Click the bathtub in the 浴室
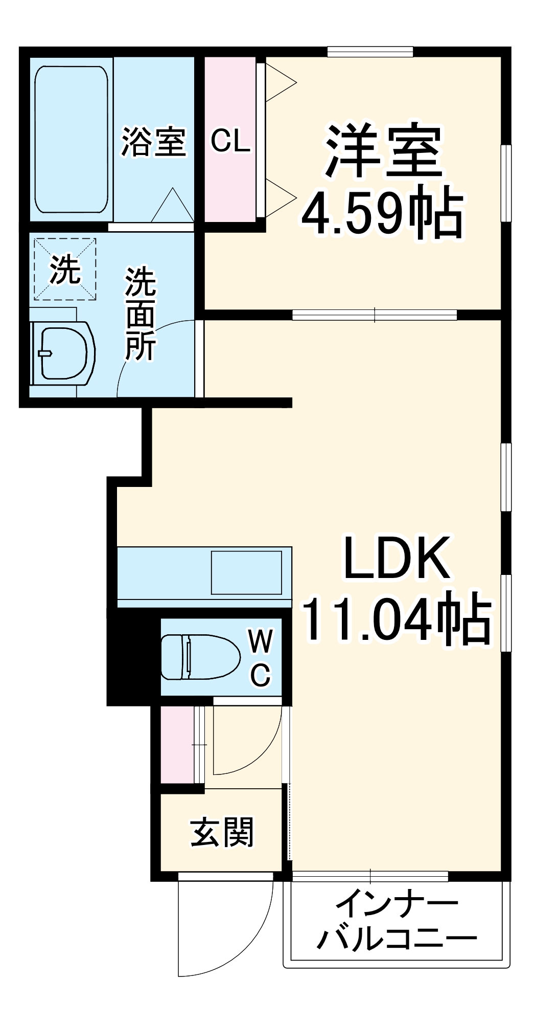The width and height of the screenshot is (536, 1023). pos(72,139)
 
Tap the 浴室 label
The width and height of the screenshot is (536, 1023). pos(153,141)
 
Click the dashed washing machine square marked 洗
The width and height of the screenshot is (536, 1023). pos(65,269)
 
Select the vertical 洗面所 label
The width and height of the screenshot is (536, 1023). pos(141,313)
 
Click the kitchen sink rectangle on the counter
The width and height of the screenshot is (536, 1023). pos(246,572)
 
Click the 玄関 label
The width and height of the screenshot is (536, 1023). pos(222,832)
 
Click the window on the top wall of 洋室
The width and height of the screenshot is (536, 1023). pos(370,51)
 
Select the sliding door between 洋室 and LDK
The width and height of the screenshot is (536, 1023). pos(374,315)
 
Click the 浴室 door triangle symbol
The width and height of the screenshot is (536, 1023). pos(173,206)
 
